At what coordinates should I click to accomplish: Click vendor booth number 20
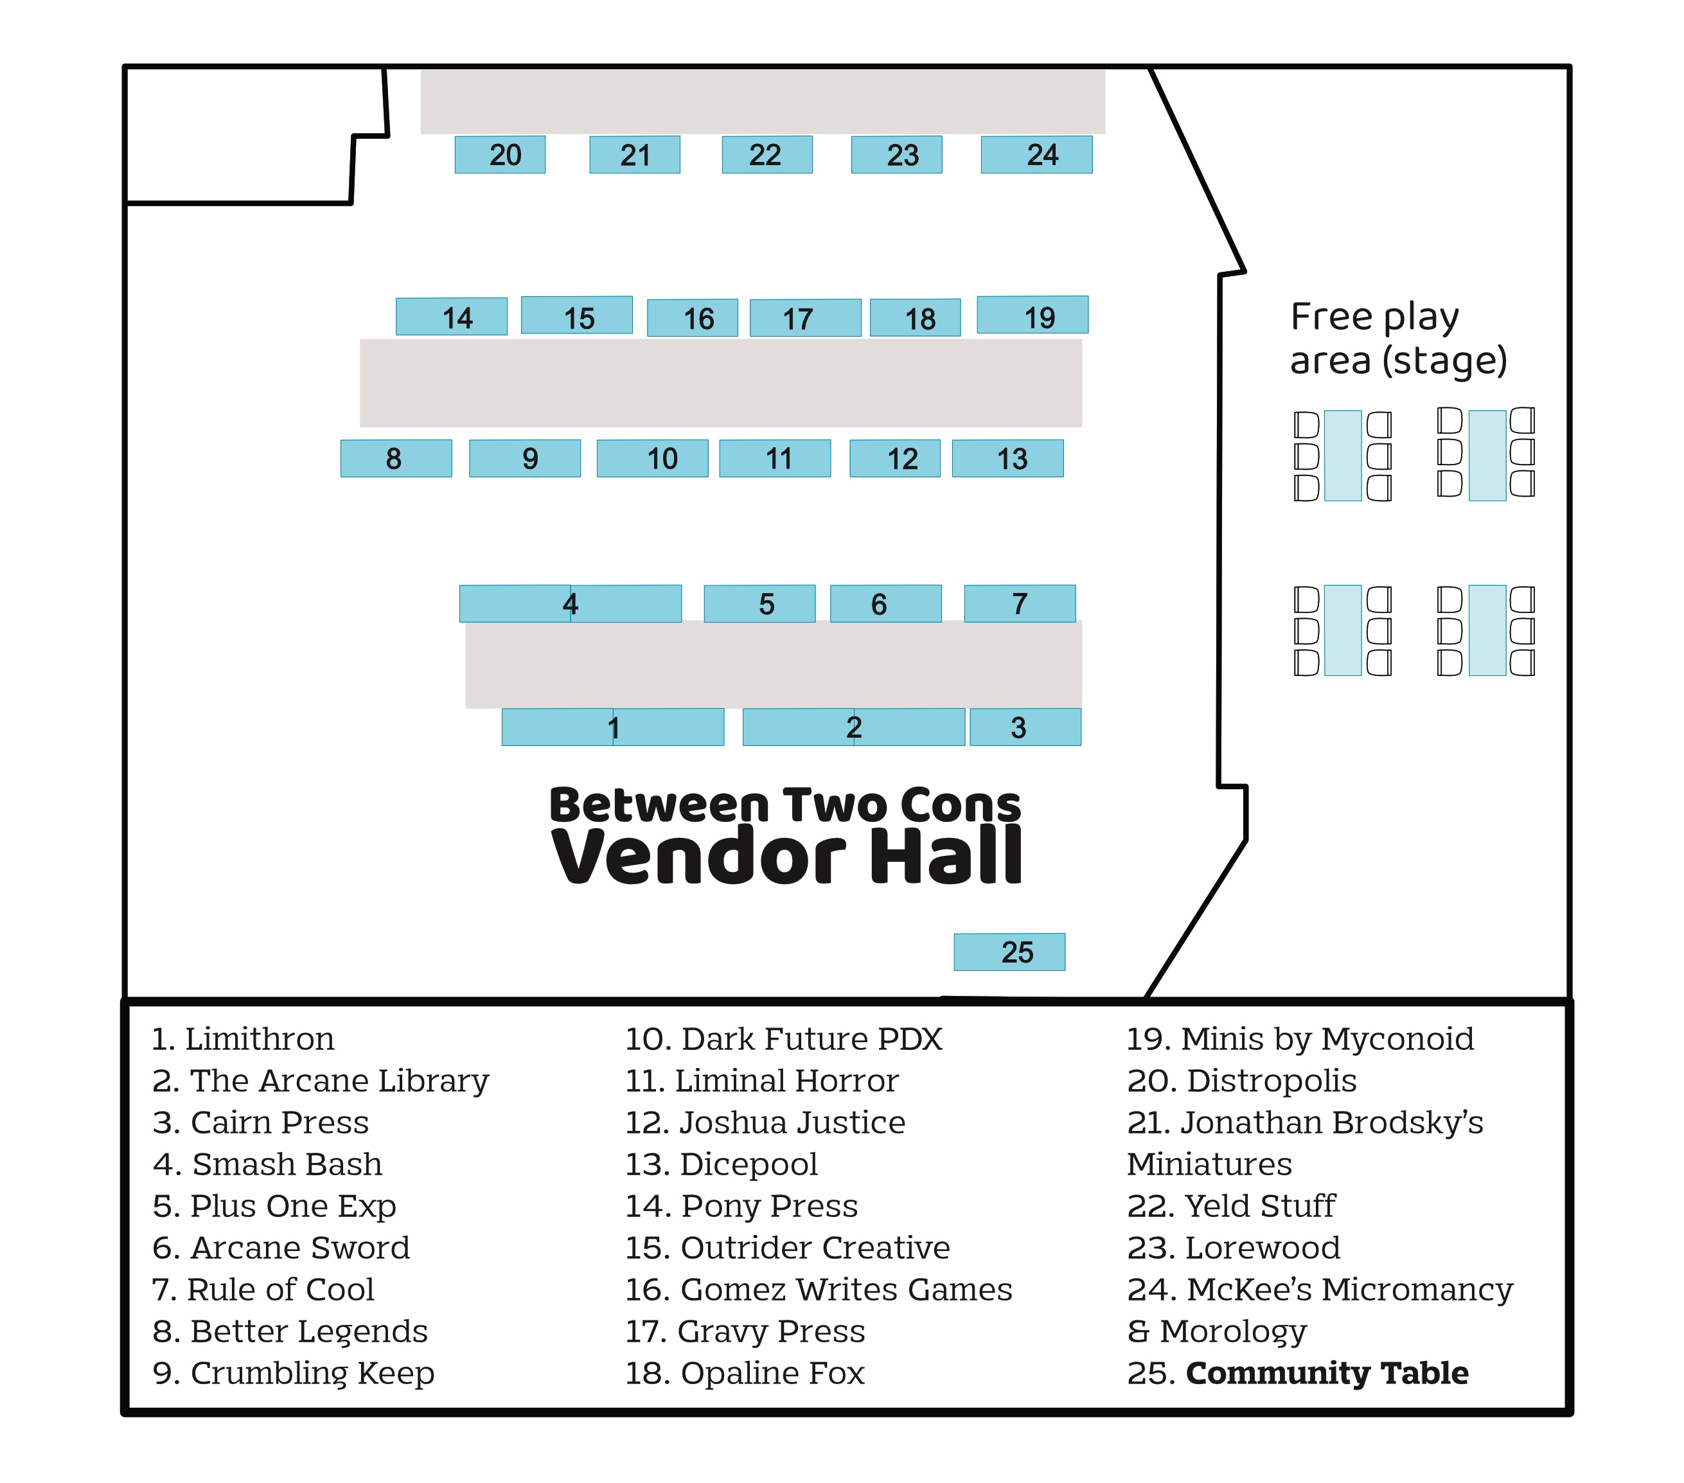(500, 154)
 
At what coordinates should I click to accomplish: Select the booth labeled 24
(1036, 154)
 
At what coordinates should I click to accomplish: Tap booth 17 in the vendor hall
(805, 317)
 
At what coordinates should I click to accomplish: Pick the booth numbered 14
(452, 316)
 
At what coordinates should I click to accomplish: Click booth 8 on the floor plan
(396, 458)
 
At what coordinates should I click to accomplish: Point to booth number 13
(1007, 458)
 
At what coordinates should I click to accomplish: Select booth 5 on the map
(759, 603)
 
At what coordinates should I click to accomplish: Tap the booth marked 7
(1020, 603)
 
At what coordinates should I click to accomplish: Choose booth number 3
(1025, 727)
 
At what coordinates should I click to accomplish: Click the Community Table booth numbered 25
(1009, 952)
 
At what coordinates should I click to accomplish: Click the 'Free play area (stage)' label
(1399, 339)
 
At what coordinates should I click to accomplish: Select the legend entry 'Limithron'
(243, 1039)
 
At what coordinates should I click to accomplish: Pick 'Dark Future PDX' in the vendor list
(783, 1039)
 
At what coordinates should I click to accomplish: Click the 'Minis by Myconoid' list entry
(1300, 1039)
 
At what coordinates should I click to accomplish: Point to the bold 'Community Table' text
(1327, 1372)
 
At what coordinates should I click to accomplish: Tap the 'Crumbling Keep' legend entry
(293, 1373)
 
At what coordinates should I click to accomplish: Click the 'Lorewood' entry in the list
(1234, 1247)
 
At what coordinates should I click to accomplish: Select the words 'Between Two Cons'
(785, 804)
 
